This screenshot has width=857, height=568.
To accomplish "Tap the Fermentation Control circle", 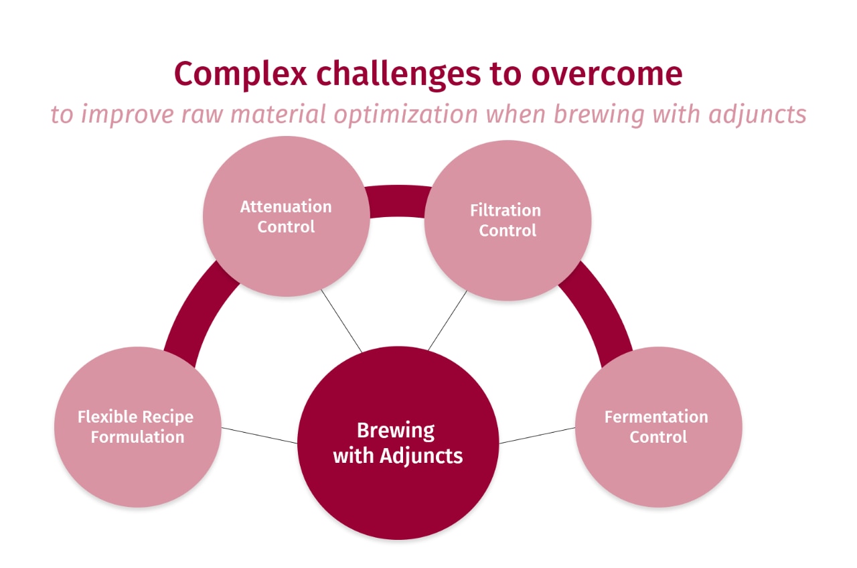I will (658, 462).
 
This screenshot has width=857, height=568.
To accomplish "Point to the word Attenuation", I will (286, 206).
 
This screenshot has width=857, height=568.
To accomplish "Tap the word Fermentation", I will (656, 417).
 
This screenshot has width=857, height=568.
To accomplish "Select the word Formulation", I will (137, 437).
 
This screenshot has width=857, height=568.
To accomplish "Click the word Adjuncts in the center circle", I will (421, 456).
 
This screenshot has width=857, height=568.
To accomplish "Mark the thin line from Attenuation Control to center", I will (341, 321).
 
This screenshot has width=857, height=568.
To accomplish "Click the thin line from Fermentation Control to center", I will (537, 435).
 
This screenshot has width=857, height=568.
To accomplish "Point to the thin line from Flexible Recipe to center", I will (259, 435).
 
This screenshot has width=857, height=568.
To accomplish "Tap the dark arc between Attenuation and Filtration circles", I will (397, 201).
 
